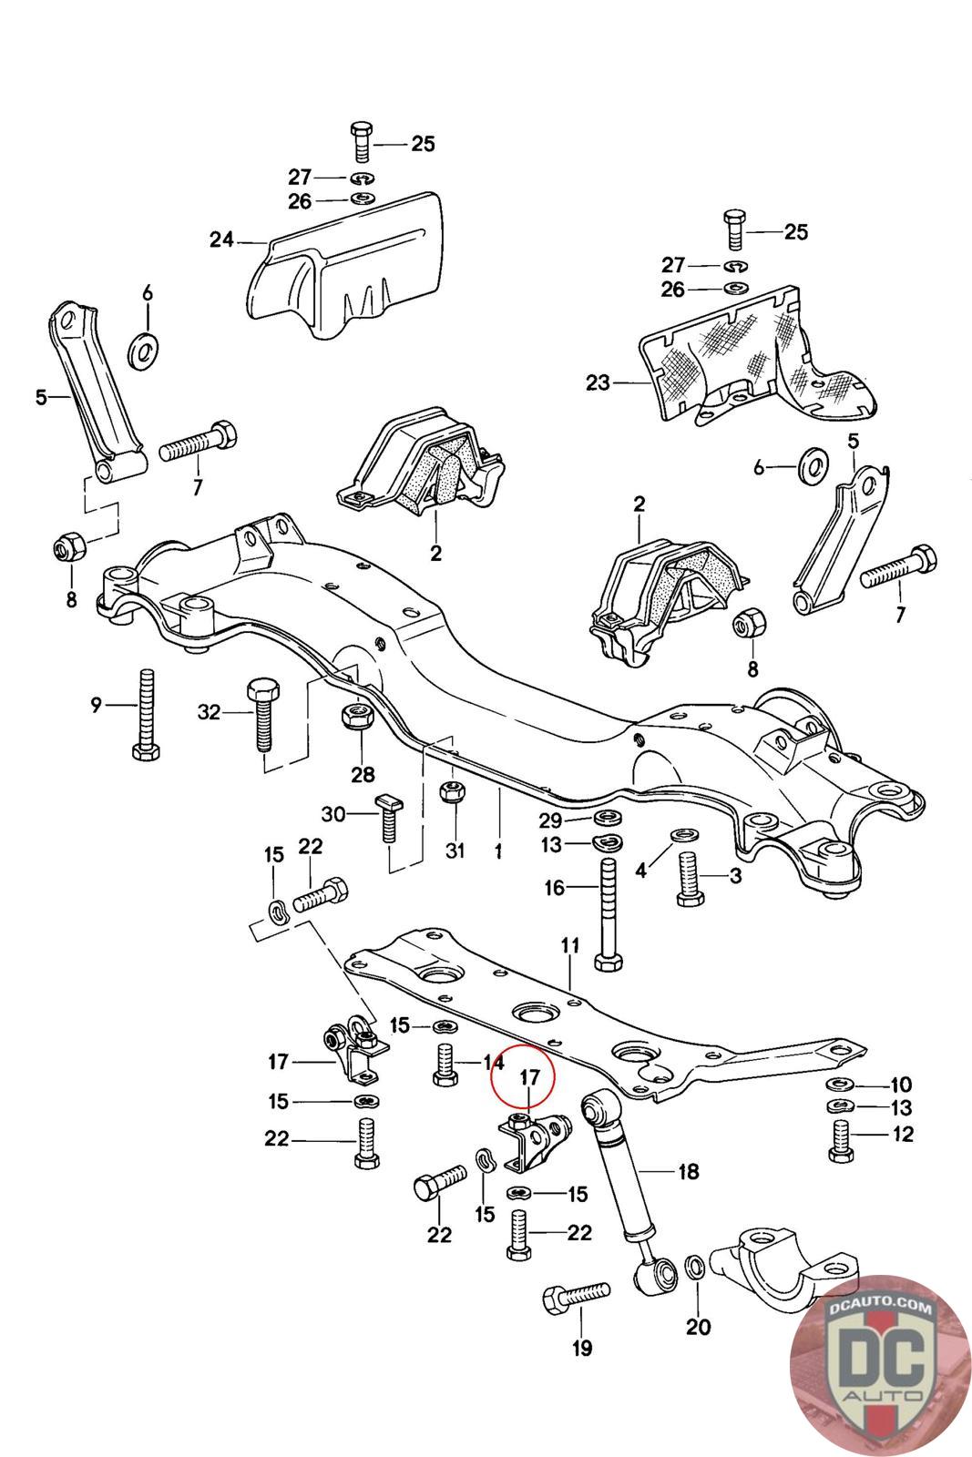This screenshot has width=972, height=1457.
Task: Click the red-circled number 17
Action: (x=530, y=1076)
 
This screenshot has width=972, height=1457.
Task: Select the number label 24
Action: (x=221, y=240)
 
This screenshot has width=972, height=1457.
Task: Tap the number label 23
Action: (x=598, y=383)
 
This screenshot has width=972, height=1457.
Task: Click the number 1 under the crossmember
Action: (x=498, y=851)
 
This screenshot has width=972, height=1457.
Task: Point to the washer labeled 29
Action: (x=607, y=816)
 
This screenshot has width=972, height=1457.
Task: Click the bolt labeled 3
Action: (x=690, y=881)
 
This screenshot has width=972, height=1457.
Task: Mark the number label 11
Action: (x=570, y=946)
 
